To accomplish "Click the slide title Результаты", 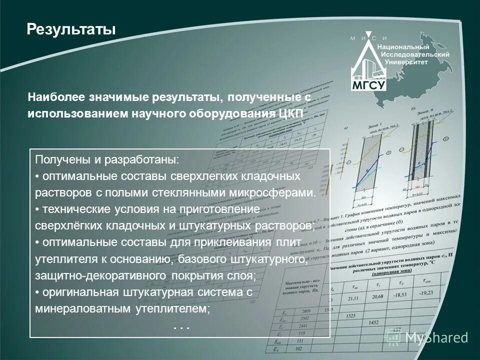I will [70, 29].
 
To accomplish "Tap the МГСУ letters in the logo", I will [369, 84].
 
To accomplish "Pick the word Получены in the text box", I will [57, 160].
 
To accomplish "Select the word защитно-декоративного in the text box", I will [100, 275].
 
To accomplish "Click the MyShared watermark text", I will [436, 337].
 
